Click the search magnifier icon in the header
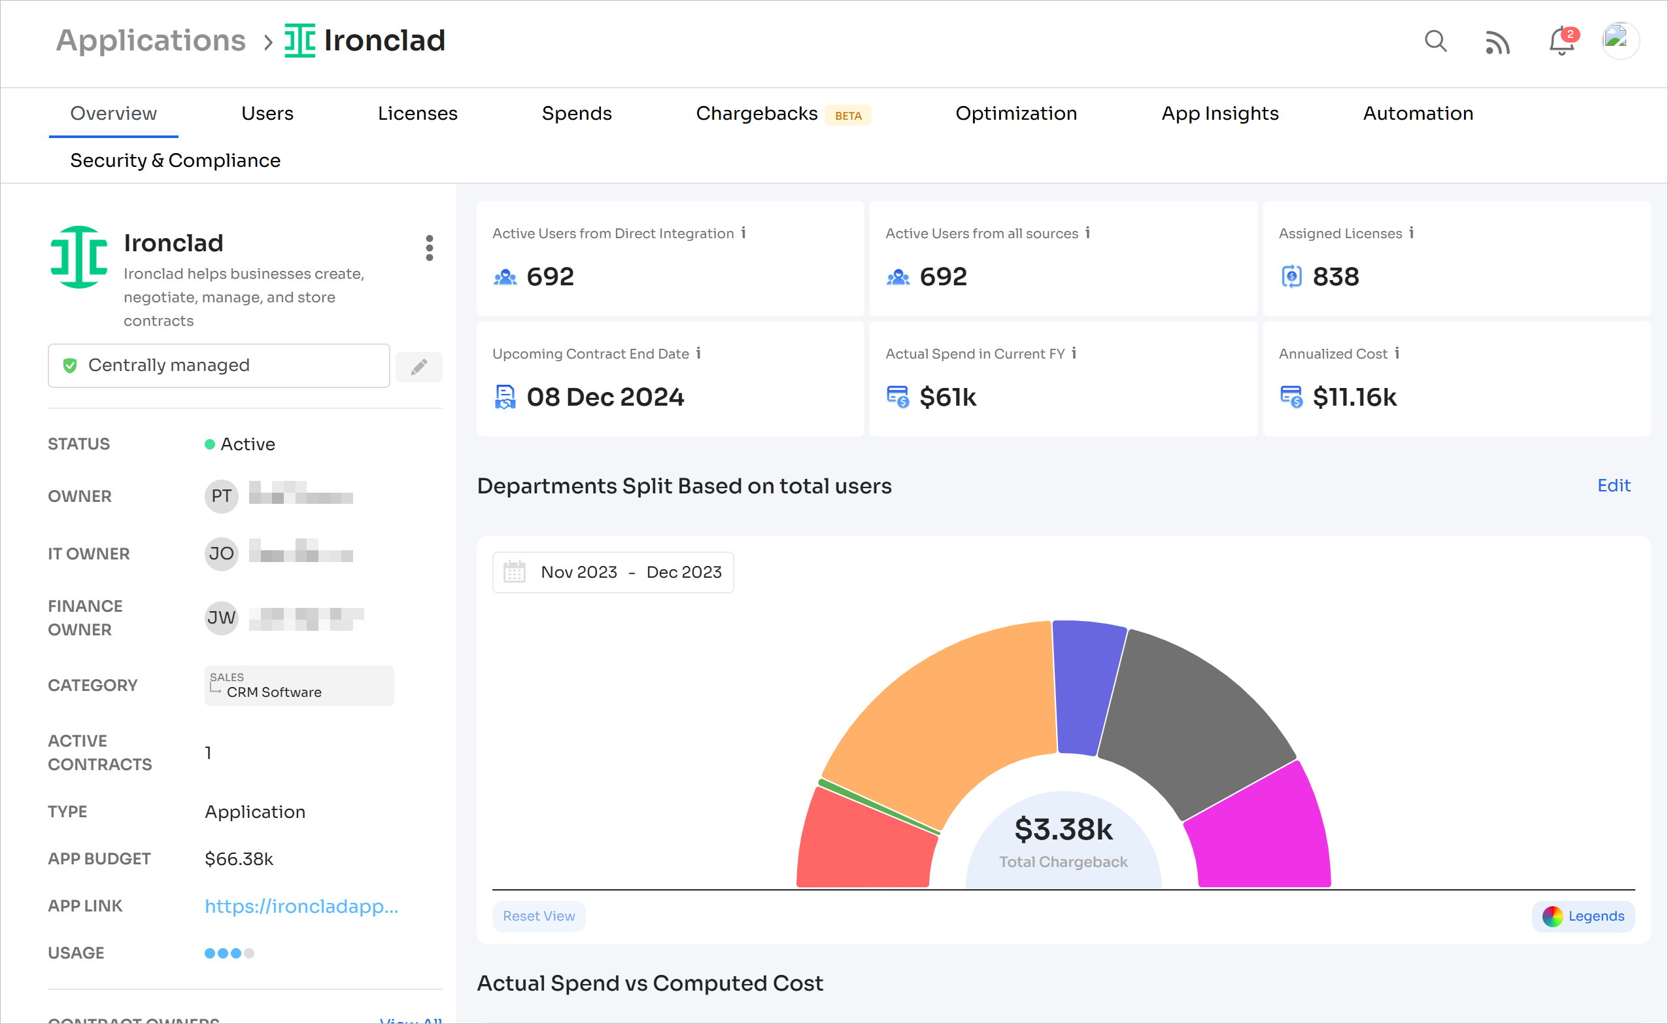(1435, 41)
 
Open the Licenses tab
(417, 113)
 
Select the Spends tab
(576, 113)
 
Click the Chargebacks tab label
(756, 113)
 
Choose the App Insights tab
(1219, 113)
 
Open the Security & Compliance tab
(175, 160)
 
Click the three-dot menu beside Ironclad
(429, 248)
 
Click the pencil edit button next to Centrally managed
(419, 366)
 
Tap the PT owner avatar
(222, 497)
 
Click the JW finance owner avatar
(222, 618)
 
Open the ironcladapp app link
(301, 906)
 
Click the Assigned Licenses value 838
(1335, 276)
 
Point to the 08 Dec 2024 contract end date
(605, 397)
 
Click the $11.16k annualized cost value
(1354, 397)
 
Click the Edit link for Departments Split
(1613, 486)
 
